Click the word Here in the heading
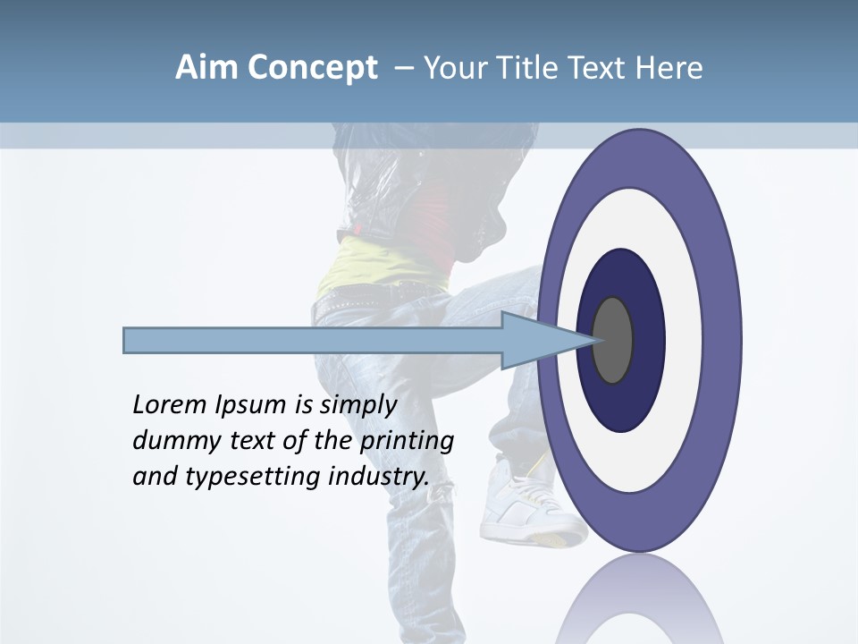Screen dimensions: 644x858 pyautogui.click(x=669, y=68)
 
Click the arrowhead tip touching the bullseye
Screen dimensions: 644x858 pyautogui.click(x=593, y=340)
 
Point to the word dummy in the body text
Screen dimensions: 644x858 pyautogui.click(x=170, y=441)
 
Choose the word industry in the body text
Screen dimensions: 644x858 pyautogui.click(x=379, y=477)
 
